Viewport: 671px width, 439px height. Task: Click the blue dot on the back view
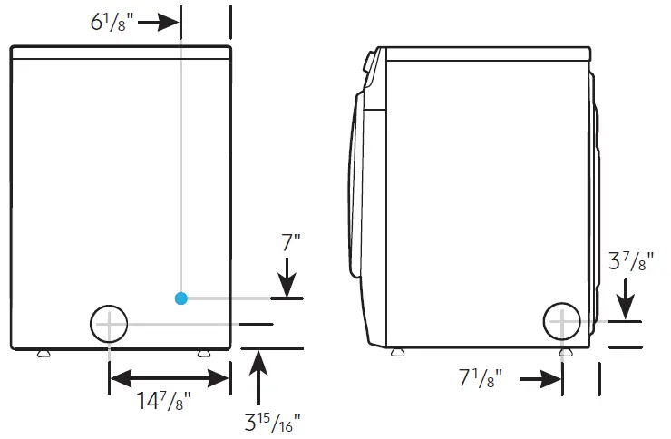(x=181, y=298)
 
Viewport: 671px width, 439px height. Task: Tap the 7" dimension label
(x=291, y=243)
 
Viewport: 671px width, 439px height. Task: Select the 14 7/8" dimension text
(x=167, y=402)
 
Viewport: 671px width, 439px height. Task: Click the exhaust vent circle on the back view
(x=109, y=323)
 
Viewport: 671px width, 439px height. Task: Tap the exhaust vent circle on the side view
(x=562, y=322)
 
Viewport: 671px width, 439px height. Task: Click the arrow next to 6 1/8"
(x=163, y=22)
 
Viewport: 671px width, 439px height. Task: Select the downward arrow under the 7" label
(x=287, y=278)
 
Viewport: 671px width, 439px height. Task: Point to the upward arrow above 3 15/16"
(x=260, y=372)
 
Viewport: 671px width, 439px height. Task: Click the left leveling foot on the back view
(x=43, y=354)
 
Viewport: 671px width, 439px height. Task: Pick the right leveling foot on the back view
(x=203, y=354)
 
